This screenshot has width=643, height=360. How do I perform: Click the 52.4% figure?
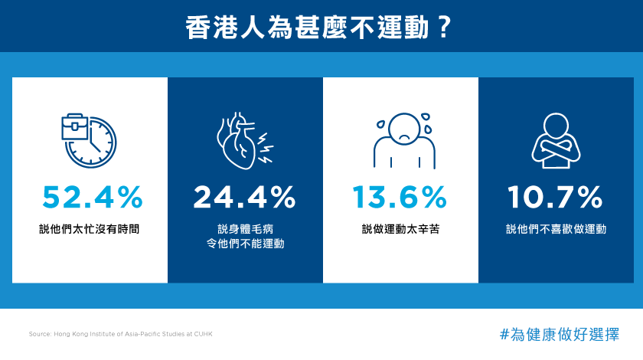(x=93, y=197)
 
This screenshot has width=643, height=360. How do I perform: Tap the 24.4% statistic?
(x=244, y=197)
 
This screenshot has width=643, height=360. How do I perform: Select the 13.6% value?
(x=400, y=197)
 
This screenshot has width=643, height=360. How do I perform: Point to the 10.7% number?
(x=555, y=197)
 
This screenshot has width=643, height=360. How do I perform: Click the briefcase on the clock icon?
(x=75, y=127)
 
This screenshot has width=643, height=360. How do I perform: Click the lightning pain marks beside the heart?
(x=265, y=148)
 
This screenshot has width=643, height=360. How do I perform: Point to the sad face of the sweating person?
(x=404, y=128)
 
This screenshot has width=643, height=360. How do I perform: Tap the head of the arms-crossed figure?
(x=556, y=126)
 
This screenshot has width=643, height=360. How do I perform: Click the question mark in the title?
(x=443, y=28)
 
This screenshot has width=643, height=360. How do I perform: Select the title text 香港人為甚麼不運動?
(x=307, y=28)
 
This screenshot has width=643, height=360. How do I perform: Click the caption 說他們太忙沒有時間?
(x=90, y=229)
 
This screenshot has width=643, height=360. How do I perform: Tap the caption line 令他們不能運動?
(x=245, y=244)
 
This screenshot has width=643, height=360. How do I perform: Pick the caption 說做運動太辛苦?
(x=400, y=229)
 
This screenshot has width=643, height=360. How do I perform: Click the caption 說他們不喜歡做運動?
(x=556, y=229)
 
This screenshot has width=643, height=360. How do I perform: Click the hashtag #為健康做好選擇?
(x=560, y=335)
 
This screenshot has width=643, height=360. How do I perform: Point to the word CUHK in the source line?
(x=203, y=334)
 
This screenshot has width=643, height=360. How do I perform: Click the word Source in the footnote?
(x=40, y=334)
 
